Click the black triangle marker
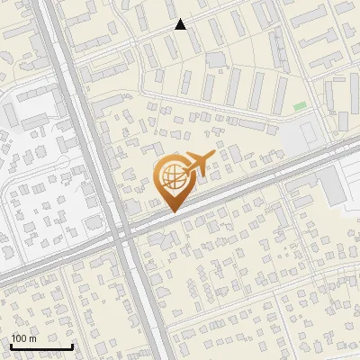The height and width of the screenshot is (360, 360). point(181,24)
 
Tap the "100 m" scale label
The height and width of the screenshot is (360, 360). point(23,339)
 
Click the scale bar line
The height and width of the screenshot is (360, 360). point(41,346)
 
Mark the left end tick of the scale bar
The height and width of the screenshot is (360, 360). point(11,345)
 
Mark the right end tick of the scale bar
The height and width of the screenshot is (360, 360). point(72,345)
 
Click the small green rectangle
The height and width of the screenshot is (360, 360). point(300,107)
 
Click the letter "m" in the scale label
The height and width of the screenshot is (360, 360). point(32,339)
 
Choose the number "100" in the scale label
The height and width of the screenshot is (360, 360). point(19,339)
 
